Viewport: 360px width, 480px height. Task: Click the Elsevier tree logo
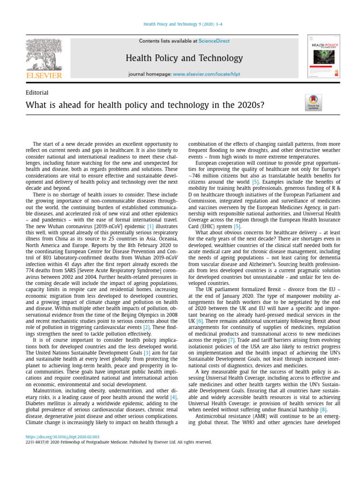pos(43,54)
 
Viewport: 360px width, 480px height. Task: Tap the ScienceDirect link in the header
pos(214,41)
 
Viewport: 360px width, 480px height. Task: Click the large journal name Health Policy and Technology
pos(184,58)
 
